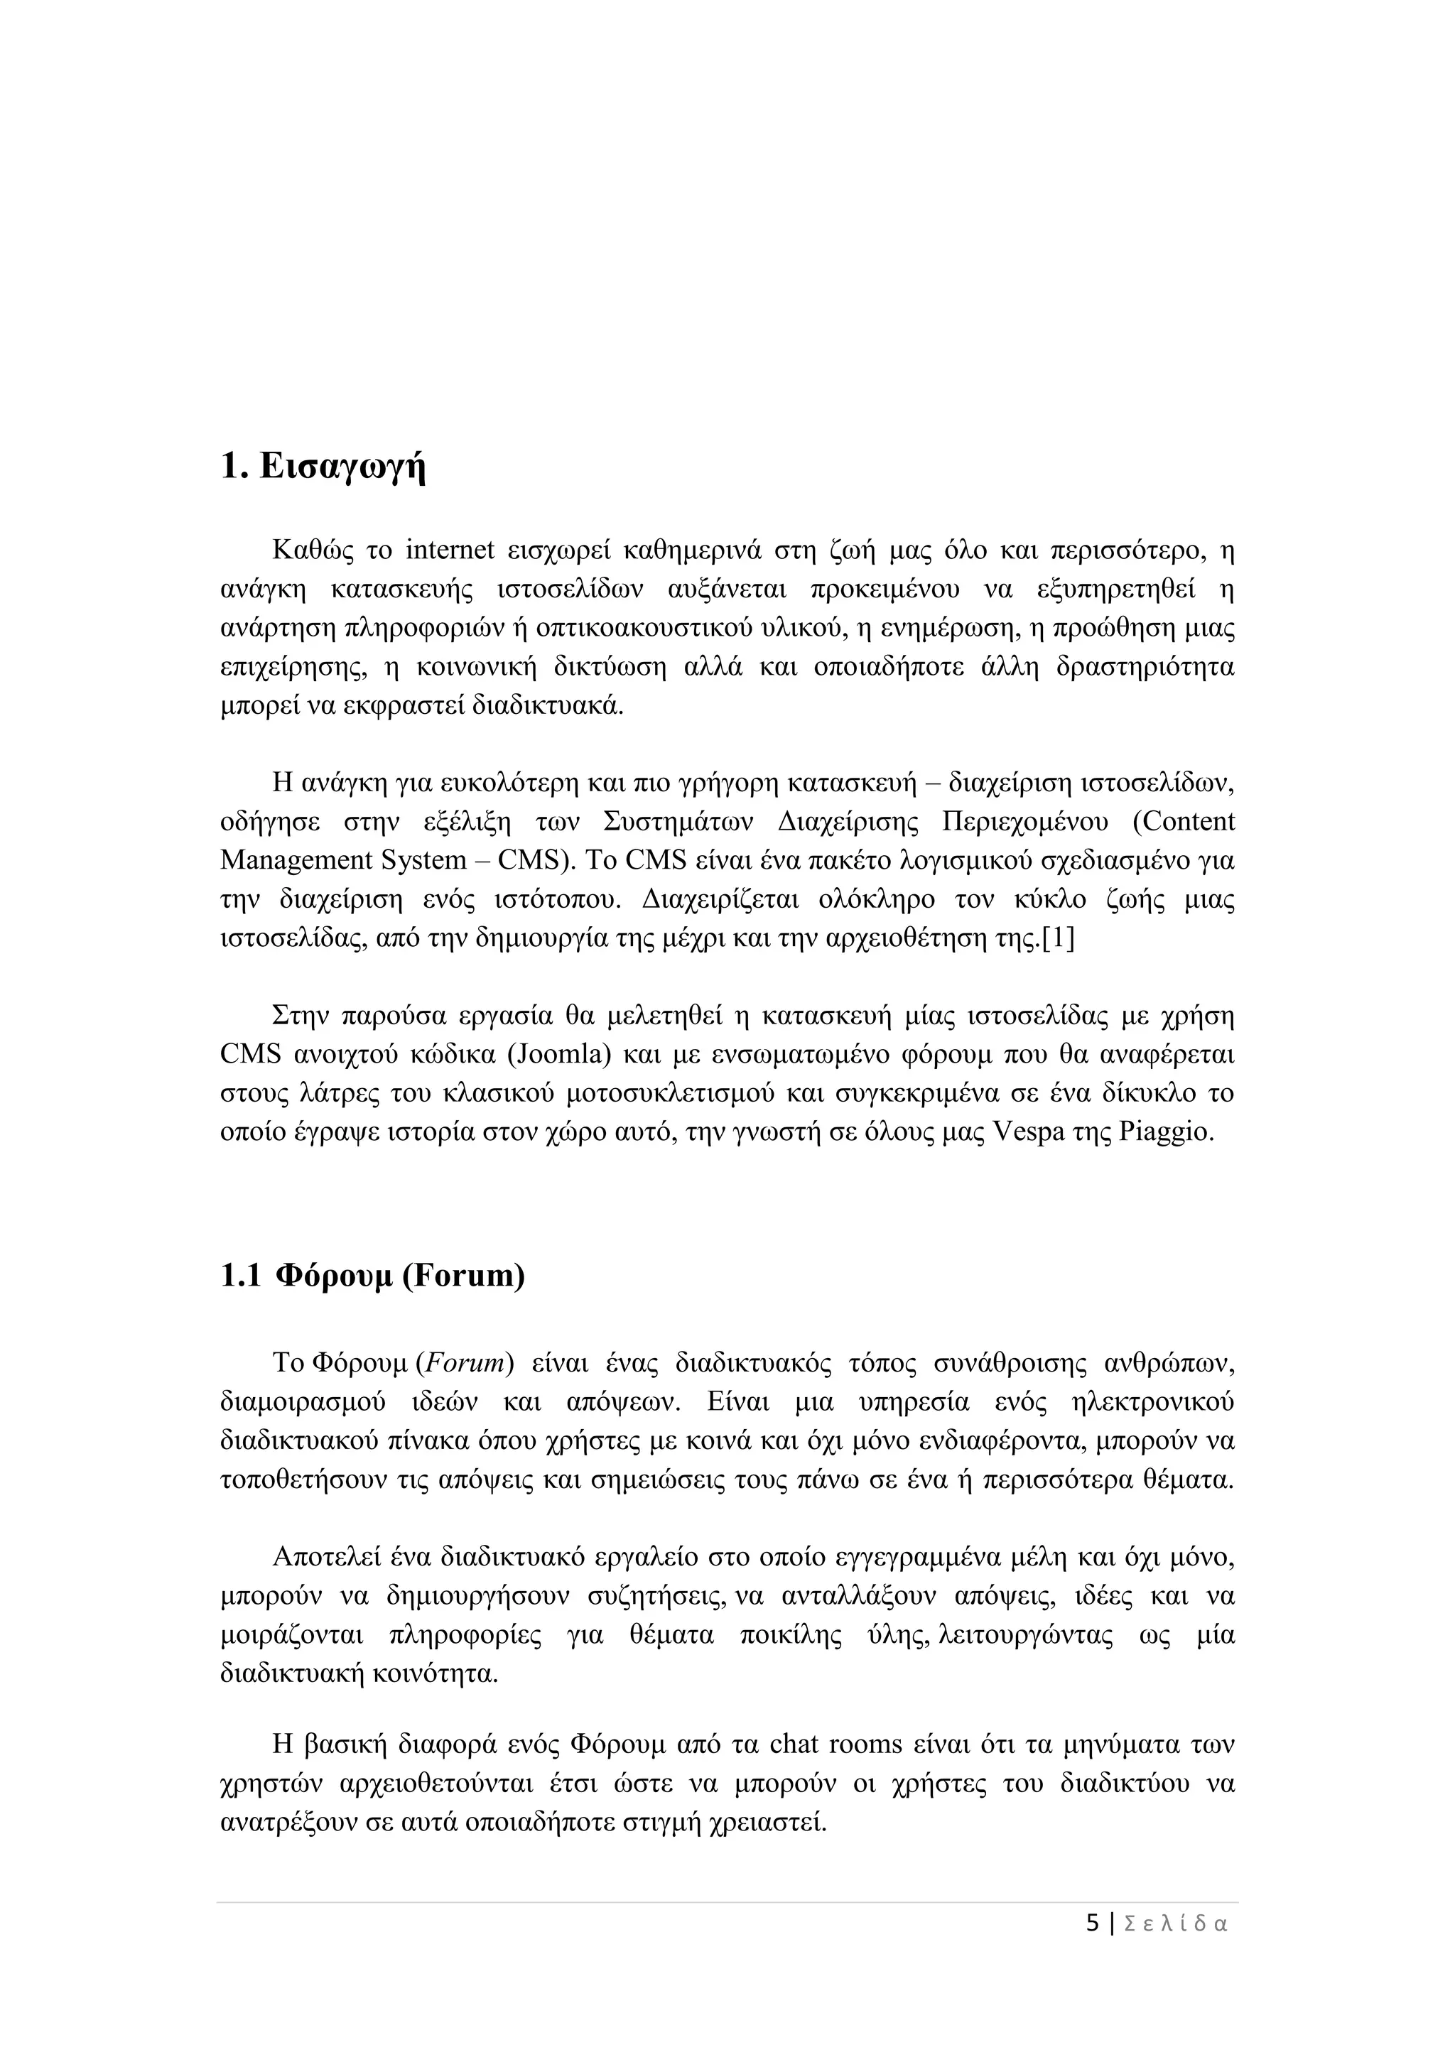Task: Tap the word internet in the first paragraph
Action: pyautogui.click(x=450, y=550)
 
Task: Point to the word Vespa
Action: pyautogui.click(x=1029, y=1132)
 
